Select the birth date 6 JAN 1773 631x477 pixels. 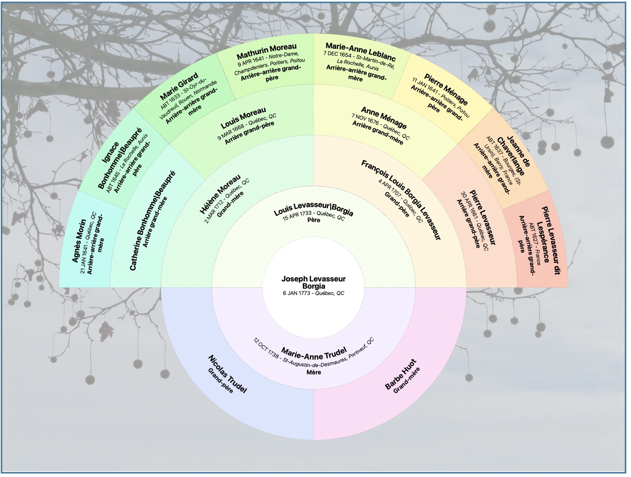tap(298, 293)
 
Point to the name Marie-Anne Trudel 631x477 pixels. tap(314, 354)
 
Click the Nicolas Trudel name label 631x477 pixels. tap(228, 374)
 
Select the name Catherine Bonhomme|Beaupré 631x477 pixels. tap(152, 221)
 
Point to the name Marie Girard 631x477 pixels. tap(179, 87)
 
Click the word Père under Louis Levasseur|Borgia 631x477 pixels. tap(313, 220)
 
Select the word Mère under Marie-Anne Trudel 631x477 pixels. tap(313, 372)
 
